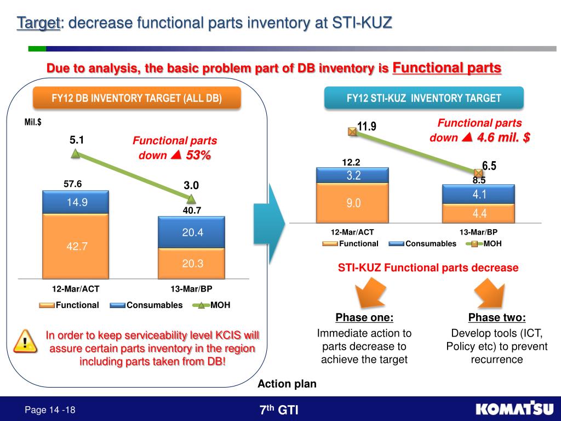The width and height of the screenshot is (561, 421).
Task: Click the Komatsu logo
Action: tap(514, 409)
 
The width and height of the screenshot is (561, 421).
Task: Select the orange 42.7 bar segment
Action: tap(77, 246)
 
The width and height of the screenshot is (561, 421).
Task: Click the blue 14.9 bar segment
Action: tap(77, 202)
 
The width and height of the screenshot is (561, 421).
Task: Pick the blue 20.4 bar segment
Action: tap(192, 232)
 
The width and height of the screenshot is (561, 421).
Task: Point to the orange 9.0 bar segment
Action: tap(353, 203)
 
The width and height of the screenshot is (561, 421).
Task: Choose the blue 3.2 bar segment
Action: tap(353, 175)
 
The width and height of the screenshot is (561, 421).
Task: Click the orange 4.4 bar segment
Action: tap(479, 213)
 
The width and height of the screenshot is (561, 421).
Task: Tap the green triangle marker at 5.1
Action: tap(76, 154)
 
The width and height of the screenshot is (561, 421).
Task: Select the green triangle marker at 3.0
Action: tap(191, 199)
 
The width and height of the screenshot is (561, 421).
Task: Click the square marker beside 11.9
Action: tap(352, 131)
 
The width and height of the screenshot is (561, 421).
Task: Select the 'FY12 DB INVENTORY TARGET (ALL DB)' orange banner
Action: tap(137, 99)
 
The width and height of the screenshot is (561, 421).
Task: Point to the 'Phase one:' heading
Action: tap(364, 318)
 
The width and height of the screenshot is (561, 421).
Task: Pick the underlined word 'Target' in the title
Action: tap(38, 23)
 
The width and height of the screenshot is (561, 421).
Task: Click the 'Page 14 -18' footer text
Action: tap(50, 410)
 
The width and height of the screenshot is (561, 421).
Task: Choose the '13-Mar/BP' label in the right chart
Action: tap(478, 232)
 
